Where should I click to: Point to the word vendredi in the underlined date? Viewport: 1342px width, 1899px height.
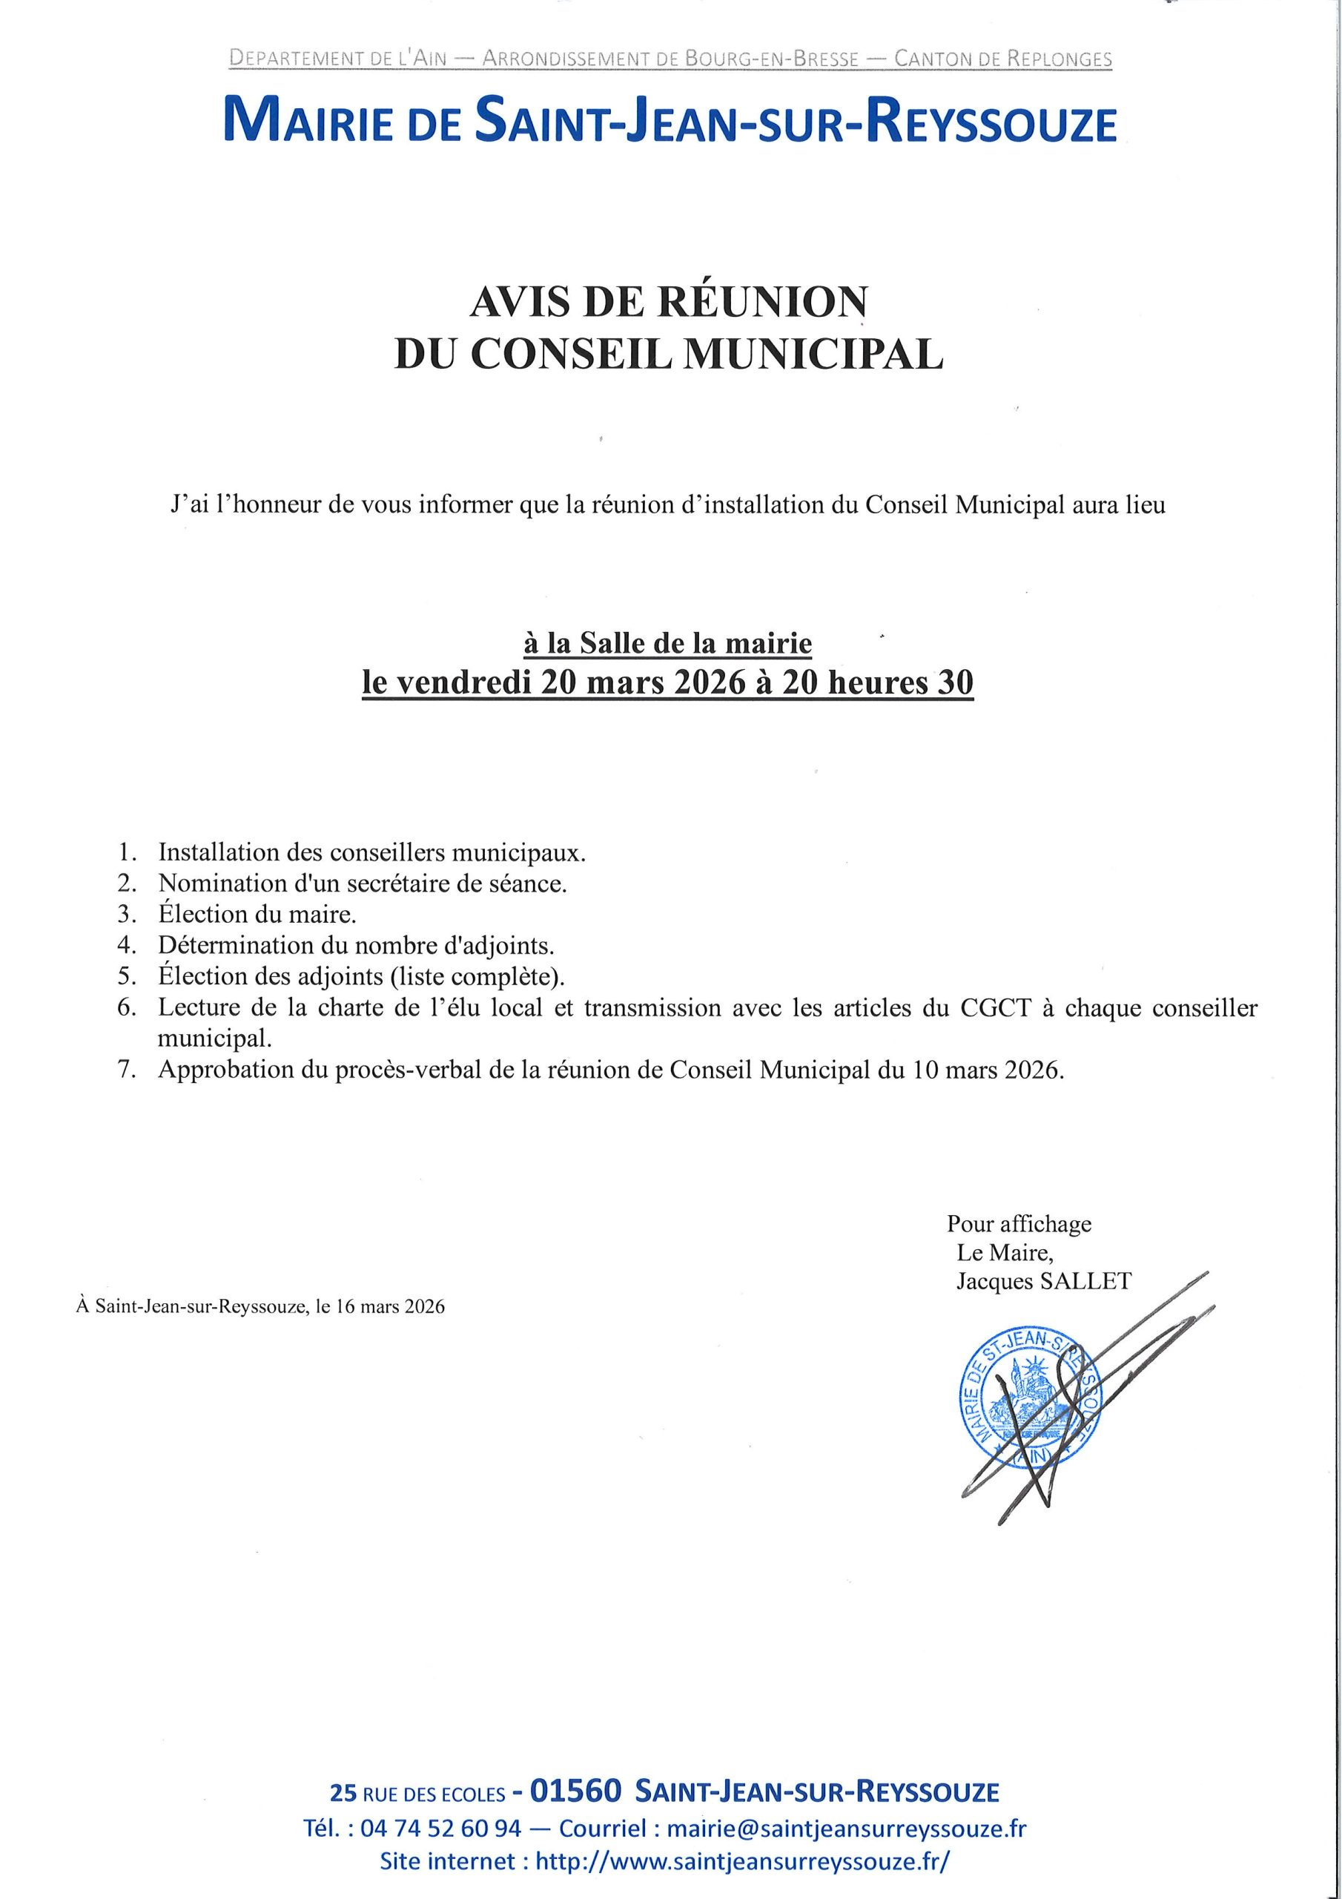click(x=464, y=683)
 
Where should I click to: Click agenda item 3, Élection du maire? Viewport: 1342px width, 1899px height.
click(x=257, y=914)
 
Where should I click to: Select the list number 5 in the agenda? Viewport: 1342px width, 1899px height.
click(x=127, y=976)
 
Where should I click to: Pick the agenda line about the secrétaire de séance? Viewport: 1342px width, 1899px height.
click(x=362, y=883)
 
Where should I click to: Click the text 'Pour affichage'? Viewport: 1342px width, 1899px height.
click(x=1019, y=1223)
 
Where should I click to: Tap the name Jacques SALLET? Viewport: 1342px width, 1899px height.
click(x=1043, y=1281)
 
